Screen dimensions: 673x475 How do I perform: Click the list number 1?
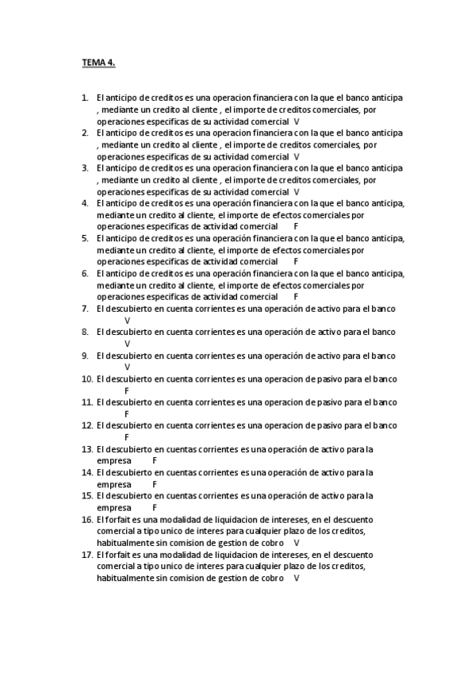coord(85,98)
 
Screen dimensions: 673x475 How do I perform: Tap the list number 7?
coord(85,309)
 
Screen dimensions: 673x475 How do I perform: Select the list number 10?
coord(86,379)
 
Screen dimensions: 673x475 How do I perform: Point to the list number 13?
coord(86,449)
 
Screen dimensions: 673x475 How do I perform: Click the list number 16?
coord(86,519)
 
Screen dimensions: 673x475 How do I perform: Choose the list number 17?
coord(86,555)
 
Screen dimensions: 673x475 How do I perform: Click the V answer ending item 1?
coord(296,121)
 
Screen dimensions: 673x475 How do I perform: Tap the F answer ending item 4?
coord(296,226)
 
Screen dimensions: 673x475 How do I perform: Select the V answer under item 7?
coord(127,321)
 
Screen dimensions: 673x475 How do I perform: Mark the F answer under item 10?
coord(127,390)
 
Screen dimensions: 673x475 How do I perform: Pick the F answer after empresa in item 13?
coord(155,460)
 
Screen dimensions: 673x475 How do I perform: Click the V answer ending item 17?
coord(296,579)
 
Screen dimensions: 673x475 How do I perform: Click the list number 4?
coord(85,203)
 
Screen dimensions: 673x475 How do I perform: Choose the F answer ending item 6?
coord(296,297)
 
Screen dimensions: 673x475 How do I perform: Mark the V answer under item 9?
coord(127,367)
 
